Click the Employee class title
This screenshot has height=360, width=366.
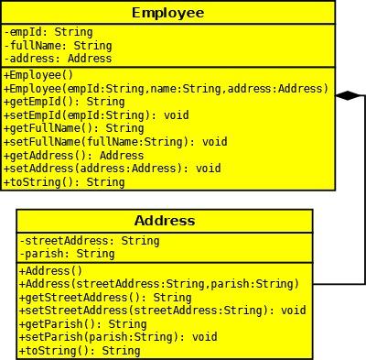[x=168, y=13]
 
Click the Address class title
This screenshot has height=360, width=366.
[x=165, y=221]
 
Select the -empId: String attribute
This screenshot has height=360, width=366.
[x=48, y=32]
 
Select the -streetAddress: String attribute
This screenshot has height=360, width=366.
[x=90, y=241]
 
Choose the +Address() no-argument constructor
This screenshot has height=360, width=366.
[x=51, y=271]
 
